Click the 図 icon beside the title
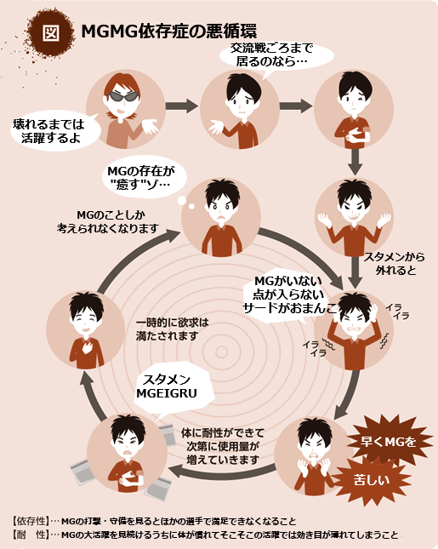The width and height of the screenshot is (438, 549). (51, 32)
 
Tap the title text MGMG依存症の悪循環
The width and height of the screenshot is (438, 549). (169, 31)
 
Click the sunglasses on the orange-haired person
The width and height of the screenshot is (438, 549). (122, 96)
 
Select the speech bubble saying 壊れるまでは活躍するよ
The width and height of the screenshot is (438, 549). (54, 131)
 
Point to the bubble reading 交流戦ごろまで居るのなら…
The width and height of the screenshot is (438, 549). (274, 56)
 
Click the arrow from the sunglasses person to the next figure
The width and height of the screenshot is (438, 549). (181, 106)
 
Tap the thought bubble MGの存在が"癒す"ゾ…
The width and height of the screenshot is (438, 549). (144, 178)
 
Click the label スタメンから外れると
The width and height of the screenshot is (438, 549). (395, 264)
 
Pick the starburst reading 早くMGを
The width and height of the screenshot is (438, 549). (389, 442)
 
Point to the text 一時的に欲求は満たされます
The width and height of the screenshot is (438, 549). (172, 329)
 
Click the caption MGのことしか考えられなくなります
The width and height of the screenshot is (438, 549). (108, 222)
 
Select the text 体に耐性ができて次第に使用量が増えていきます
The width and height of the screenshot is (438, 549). (223, 446)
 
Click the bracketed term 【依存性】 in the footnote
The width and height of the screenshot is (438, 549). (30, 521)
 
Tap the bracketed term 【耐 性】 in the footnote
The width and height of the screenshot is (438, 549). (30, 535)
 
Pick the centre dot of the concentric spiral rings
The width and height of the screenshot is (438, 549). (221, 352)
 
